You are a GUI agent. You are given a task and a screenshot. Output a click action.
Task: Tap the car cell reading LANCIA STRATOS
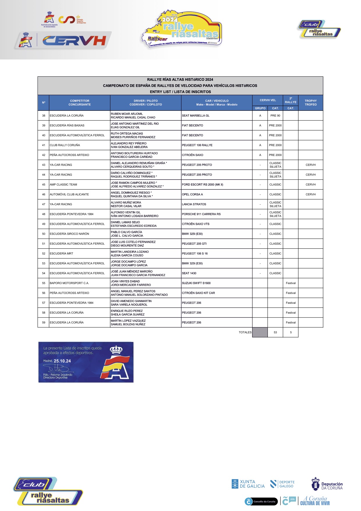[x=217, y=204]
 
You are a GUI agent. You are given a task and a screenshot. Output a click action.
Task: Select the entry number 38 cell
[x=43, y=116]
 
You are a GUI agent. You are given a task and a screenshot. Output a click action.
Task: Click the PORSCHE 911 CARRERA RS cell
[x=217, y=214]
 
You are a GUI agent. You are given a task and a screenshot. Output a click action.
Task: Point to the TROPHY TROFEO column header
[x=311, y=103]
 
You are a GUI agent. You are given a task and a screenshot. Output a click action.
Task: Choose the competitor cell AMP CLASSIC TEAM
[x=79, y=185]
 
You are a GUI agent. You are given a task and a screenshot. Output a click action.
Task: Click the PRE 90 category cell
[x=275, y=116]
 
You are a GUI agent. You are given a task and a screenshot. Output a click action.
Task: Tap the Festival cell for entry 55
[x=291, y=283]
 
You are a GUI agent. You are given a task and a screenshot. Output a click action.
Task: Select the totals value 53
[x=275, y=332]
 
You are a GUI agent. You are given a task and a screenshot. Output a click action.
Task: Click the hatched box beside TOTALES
[x=260, y=332]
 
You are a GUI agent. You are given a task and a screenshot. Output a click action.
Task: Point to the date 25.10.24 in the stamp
[x=62, y=361]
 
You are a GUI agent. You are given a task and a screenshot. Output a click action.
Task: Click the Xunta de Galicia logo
[x=248, y=484]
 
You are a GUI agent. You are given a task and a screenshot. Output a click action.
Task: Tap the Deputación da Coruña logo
[x=327, y=484]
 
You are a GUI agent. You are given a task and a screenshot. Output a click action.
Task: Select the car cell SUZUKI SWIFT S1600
[x=217, y=283]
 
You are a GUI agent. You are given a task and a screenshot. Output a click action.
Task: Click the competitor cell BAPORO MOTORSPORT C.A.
[x=79, y=283]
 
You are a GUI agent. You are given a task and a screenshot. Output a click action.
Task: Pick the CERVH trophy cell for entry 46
[x=311, y=194]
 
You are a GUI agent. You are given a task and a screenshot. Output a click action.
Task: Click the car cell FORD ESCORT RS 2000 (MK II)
[x=217, y=185]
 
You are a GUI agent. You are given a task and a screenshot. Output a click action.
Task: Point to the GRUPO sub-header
[x=260, y=108]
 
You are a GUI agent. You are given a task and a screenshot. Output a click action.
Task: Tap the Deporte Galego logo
[x=282, y=484]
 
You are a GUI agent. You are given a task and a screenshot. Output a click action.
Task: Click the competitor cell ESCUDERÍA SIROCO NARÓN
[x=79, y=234]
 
